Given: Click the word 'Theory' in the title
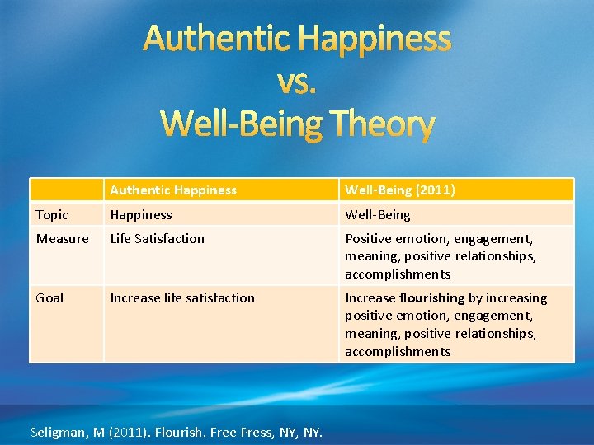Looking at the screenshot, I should [381, 124].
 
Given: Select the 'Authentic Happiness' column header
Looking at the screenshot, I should [173, 190].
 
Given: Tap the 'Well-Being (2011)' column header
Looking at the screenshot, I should [399, 190].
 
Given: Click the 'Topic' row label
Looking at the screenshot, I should [52, 215].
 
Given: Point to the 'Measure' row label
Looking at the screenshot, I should [62, 239].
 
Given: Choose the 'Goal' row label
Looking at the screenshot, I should [49, 298].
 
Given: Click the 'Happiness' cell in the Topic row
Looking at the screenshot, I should [141, 215].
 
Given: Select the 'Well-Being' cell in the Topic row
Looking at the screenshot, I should [377, 215].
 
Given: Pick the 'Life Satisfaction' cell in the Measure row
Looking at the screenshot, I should [158, 239].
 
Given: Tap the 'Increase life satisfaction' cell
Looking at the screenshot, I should [182, 298].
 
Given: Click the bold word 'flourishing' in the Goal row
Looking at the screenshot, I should [431, 298].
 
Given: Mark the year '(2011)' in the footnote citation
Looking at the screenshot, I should [125, 432].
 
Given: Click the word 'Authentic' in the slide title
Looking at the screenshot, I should [217, 38].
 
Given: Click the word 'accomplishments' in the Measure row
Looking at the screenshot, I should [398, 274].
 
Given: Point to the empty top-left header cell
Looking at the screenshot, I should [66, 190].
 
